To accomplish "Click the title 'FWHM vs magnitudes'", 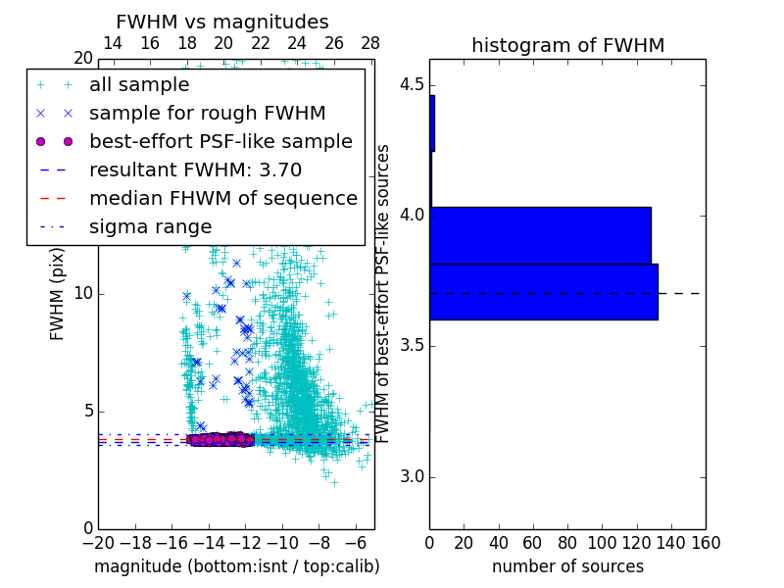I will (221, 22).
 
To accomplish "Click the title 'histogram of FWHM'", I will (567, 45).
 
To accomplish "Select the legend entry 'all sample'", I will (139, 85).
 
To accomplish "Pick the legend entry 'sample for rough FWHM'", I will (207, 114).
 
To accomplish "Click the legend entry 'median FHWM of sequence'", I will (222, 198).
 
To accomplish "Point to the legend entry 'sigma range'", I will (150, 226).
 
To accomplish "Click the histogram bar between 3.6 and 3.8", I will (543, 291).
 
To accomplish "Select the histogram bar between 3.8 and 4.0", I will (540, 235).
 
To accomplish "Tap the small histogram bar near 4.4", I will (432, 122).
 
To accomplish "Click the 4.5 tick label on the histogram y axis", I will (412, 85).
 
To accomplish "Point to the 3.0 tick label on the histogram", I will (412, 477).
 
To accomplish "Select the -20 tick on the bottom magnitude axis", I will (98, 543).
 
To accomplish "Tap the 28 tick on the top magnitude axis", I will (370, 43).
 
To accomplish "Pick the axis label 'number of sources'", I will (567, 566).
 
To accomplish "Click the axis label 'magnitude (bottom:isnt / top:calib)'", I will (236, 566).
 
